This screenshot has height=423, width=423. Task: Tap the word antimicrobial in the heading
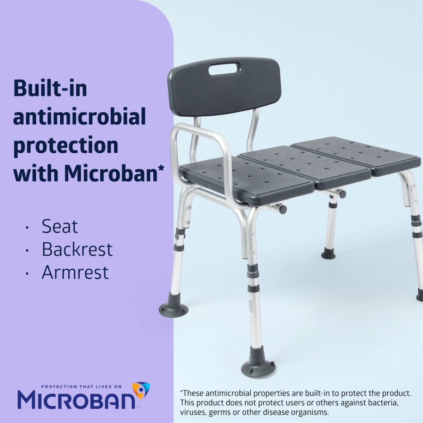80,117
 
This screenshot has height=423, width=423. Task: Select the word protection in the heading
66,145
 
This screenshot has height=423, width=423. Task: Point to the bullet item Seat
60,226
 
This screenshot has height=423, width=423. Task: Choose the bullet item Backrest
77,249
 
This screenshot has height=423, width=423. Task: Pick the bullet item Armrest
75,272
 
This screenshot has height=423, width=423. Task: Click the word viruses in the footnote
192,412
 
